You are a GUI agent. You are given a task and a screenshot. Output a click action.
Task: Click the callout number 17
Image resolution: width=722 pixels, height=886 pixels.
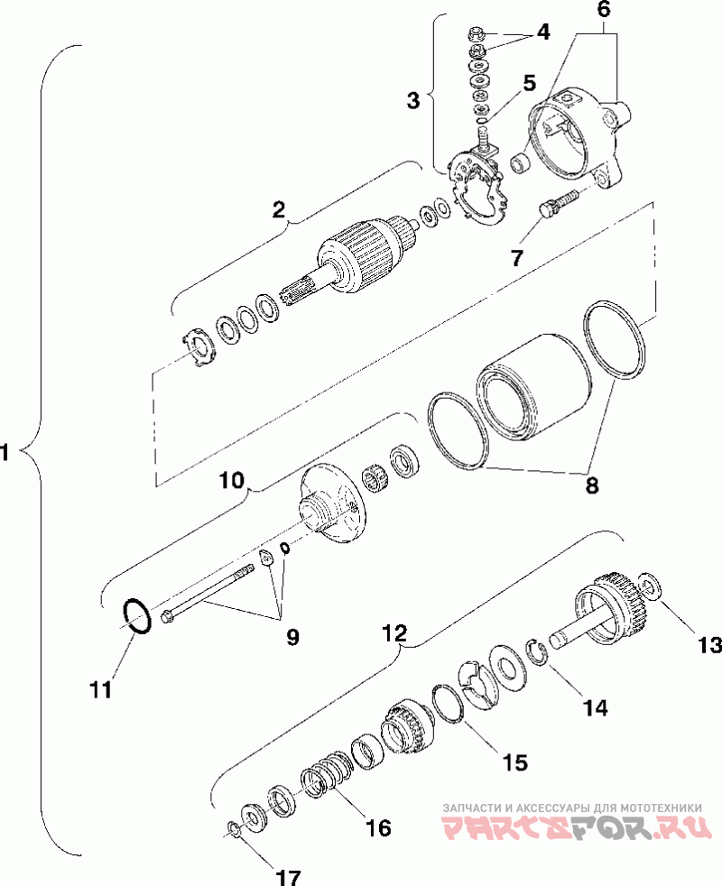[x=288, y=876]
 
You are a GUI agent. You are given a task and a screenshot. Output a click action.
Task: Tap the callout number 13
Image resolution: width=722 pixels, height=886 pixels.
[x=708, y=645]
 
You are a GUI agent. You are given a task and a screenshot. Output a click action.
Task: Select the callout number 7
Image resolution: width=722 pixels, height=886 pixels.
[x=517, y=258]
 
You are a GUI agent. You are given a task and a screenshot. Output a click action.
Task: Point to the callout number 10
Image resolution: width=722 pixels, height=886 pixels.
[x=232, y=480]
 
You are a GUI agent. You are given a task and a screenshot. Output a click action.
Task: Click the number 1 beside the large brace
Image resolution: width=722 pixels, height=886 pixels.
[x=5, y=452]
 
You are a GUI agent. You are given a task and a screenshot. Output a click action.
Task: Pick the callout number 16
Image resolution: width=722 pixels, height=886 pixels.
[x=377, y=827]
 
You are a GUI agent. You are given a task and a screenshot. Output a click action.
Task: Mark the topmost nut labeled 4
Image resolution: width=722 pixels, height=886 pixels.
[x=476, y=35]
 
